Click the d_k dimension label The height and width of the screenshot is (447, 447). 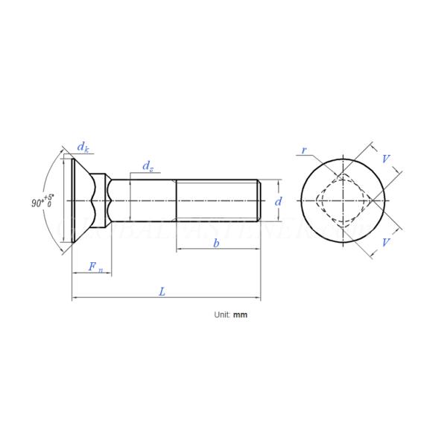(x=83, y=148)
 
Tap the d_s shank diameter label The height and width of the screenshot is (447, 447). (x=148, y=166)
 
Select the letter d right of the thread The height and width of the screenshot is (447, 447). (x=279, y=201)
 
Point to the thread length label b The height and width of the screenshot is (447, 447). (x=216, y=244)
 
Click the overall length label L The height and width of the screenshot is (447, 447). (x=162, y=292)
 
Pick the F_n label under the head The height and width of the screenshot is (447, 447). (x=95, y=267)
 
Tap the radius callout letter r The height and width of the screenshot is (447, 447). (x=303, y=150)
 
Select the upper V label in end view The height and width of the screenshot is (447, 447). (x=385, y=159)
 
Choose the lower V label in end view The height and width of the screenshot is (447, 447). (x=385, y=243)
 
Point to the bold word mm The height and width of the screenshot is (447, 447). (x=240, y=315)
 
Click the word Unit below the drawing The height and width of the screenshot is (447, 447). (x=222, y=315)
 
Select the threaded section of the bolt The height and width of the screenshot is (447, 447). (x=216, y=200)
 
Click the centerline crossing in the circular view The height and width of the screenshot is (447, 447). (x=343, y=200)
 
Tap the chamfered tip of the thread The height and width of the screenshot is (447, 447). (x=259, y=200)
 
